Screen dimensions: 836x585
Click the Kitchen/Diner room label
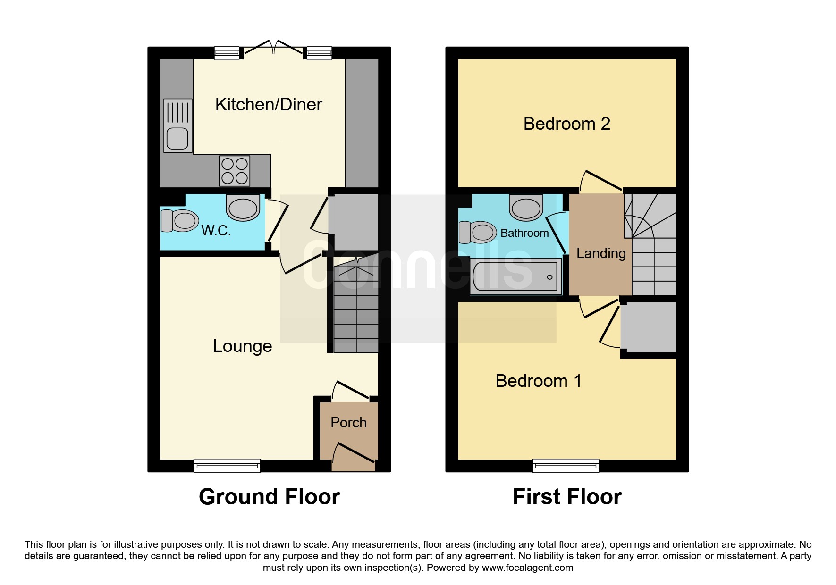(269, 104)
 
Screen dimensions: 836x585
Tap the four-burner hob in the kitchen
(235, 170)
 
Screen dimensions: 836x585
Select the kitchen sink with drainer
(178, 125)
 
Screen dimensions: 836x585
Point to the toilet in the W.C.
(179, 220)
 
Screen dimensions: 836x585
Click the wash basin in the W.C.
(243, 207)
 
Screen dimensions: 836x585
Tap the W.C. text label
(216, 231)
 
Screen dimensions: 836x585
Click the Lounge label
(243, 346)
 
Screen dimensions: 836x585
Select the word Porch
(349, 422)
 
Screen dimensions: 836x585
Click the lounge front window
(227, 465)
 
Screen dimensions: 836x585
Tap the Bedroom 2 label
(567, 124)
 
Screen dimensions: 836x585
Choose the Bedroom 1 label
(539, 381)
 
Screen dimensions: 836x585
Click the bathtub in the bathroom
(516, 276)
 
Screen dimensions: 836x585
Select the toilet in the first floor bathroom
(477, 232)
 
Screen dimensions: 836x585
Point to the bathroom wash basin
(526, 207)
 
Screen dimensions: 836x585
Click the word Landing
(601, 253)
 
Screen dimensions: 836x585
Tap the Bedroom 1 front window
(566, 465)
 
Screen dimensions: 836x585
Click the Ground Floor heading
(270, 497)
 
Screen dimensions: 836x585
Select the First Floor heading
(567, 497)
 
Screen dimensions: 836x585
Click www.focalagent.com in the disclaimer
(527, 568)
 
